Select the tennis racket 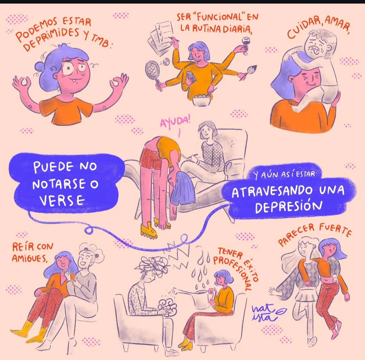(153, 72)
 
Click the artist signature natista (268, 312)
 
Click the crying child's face (317, 45)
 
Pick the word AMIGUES (29, 258)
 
